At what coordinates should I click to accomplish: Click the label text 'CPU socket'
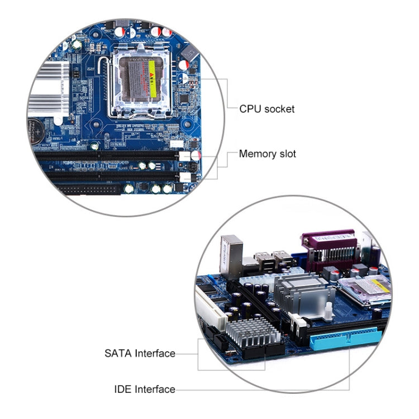(x=266, y=109)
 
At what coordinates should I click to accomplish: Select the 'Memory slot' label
(x=267, y=154)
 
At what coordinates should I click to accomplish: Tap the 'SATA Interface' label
(x=140, y=353)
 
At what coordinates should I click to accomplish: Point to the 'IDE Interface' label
(x=144, y=389)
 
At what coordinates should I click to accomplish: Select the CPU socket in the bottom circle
(x=363, y=291)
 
